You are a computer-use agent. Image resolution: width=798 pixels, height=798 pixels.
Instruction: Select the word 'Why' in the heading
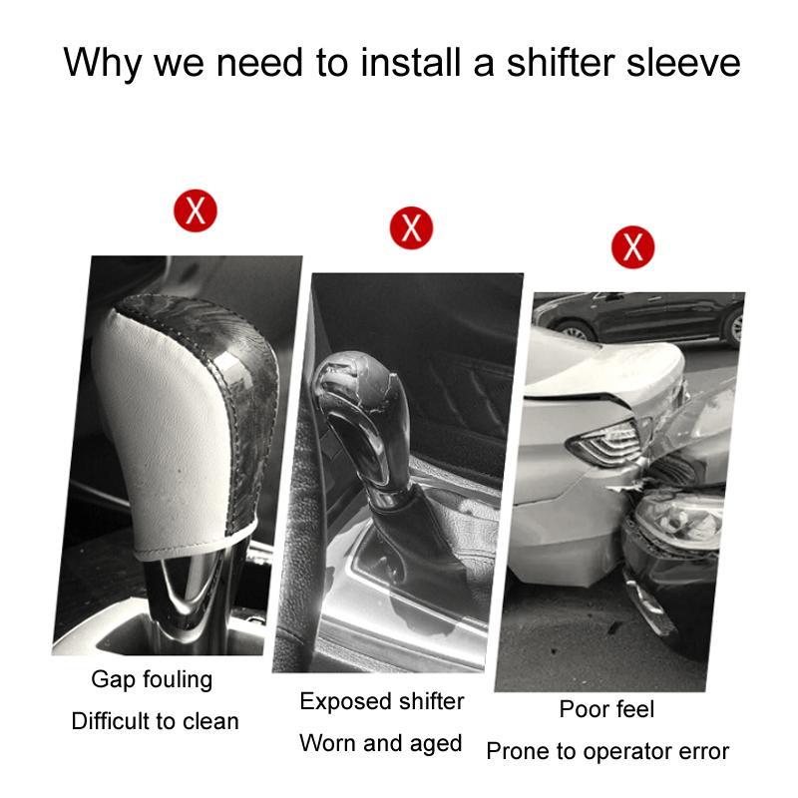(103, 63)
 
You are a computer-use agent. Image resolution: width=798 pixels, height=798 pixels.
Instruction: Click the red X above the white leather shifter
(196, 210)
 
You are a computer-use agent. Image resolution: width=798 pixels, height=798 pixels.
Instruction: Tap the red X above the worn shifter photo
(411, 227)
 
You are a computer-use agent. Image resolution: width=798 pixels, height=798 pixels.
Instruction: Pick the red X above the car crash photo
(632, 246)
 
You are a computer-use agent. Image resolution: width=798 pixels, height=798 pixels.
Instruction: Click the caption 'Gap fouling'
(152, 680)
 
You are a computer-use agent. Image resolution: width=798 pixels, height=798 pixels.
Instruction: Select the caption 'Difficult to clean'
(156, 721)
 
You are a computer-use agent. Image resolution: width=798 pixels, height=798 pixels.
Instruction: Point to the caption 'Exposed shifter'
(382, 701)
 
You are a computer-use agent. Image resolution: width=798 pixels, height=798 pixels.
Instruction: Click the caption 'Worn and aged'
(381, 743)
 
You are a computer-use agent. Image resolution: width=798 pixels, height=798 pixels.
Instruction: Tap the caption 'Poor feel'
(606, 709)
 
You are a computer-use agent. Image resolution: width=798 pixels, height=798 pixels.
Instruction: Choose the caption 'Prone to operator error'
(607, 751)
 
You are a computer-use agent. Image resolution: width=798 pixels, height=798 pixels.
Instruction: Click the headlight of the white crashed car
(604, 442)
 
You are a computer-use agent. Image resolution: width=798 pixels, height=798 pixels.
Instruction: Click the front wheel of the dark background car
(577, 332)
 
